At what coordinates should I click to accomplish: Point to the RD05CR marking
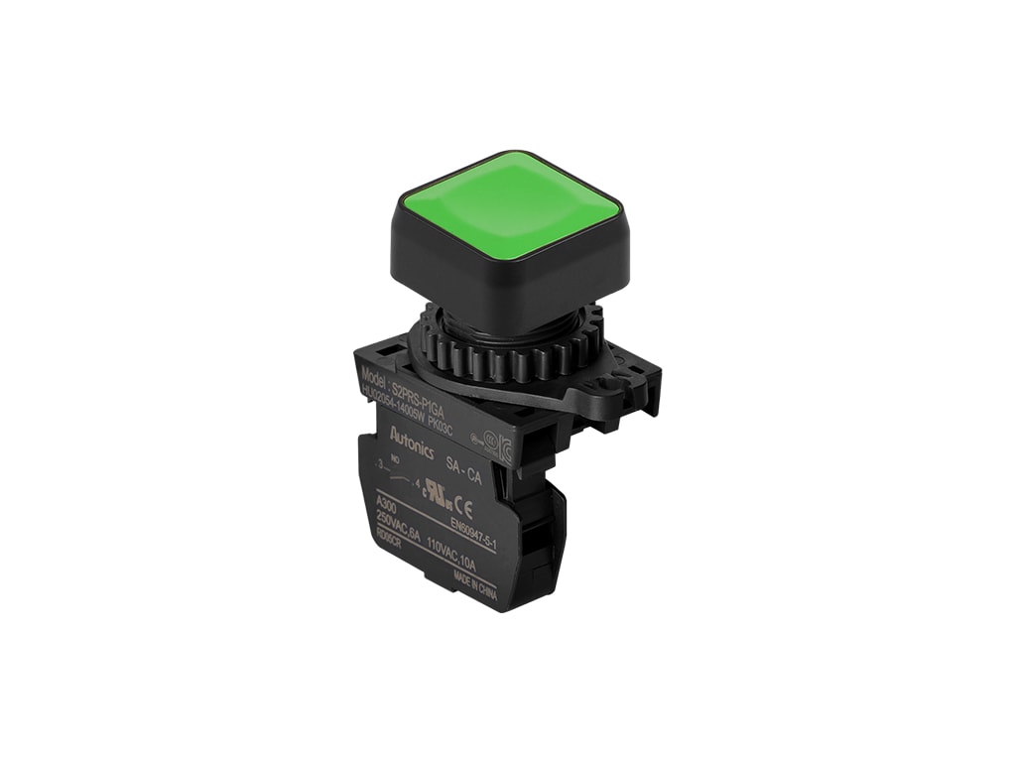point(389,542)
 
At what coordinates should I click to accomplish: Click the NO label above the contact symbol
point(395,459)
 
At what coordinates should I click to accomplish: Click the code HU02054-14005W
point(392,406)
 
